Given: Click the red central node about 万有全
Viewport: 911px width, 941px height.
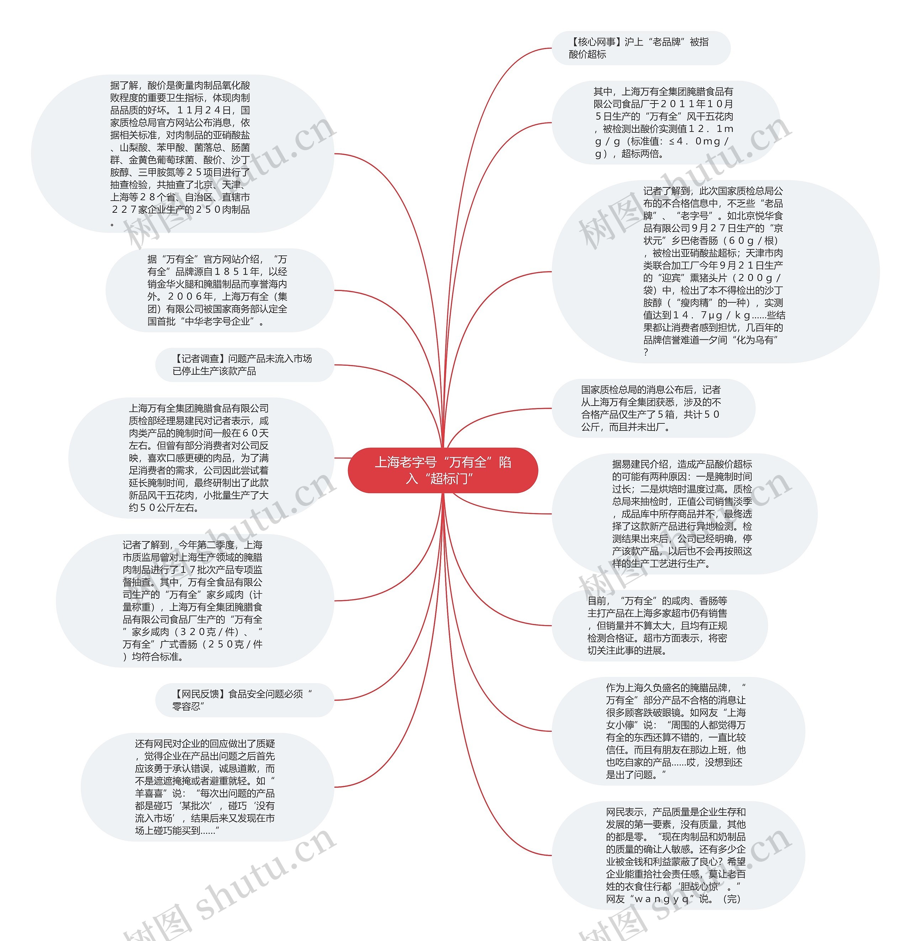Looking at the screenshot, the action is click(x=442, y=470).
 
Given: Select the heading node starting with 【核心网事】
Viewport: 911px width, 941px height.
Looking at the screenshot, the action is click(x=640, y=48).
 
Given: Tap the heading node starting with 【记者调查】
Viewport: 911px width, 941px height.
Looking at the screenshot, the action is click(x=244, y=365).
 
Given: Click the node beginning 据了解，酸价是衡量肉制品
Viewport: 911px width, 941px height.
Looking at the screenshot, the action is click(x=183, y=154).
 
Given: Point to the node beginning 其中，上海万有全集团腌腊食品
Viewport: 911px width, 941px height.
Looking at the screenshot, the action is click(x=665, y=122).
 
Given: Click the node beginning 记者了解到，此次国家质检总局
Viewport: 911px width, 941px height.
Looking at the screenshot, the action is click(x=715, y=271).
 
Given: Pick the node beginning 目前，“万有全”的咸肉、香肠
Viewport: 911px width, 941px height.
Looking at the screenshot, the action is click(x=659, y=625).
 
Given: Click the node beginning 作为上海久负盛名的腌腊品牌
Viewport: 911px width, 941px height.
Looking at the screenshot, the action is click(x=677, y=731).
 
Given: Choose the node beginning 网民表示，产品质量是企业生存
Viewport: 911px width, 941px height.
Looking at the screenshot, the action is click(x=677, y=855).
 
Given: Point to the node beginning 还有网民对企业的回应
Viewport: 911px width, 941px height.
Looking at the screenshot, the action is click(x=206, y=787).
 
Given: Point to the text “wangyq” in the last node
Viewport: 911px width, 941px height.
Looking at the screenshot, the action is click(x=662, y=899).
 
